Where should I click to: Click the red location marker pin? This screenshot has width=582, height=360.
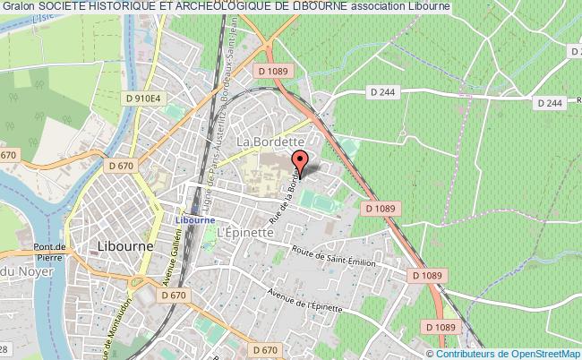pos(301,161)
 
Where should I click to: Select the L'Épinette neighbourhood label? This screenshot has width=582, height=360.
pos(244,229)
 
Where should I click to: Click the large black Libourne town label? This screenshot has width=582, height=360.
pos(124,244)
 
